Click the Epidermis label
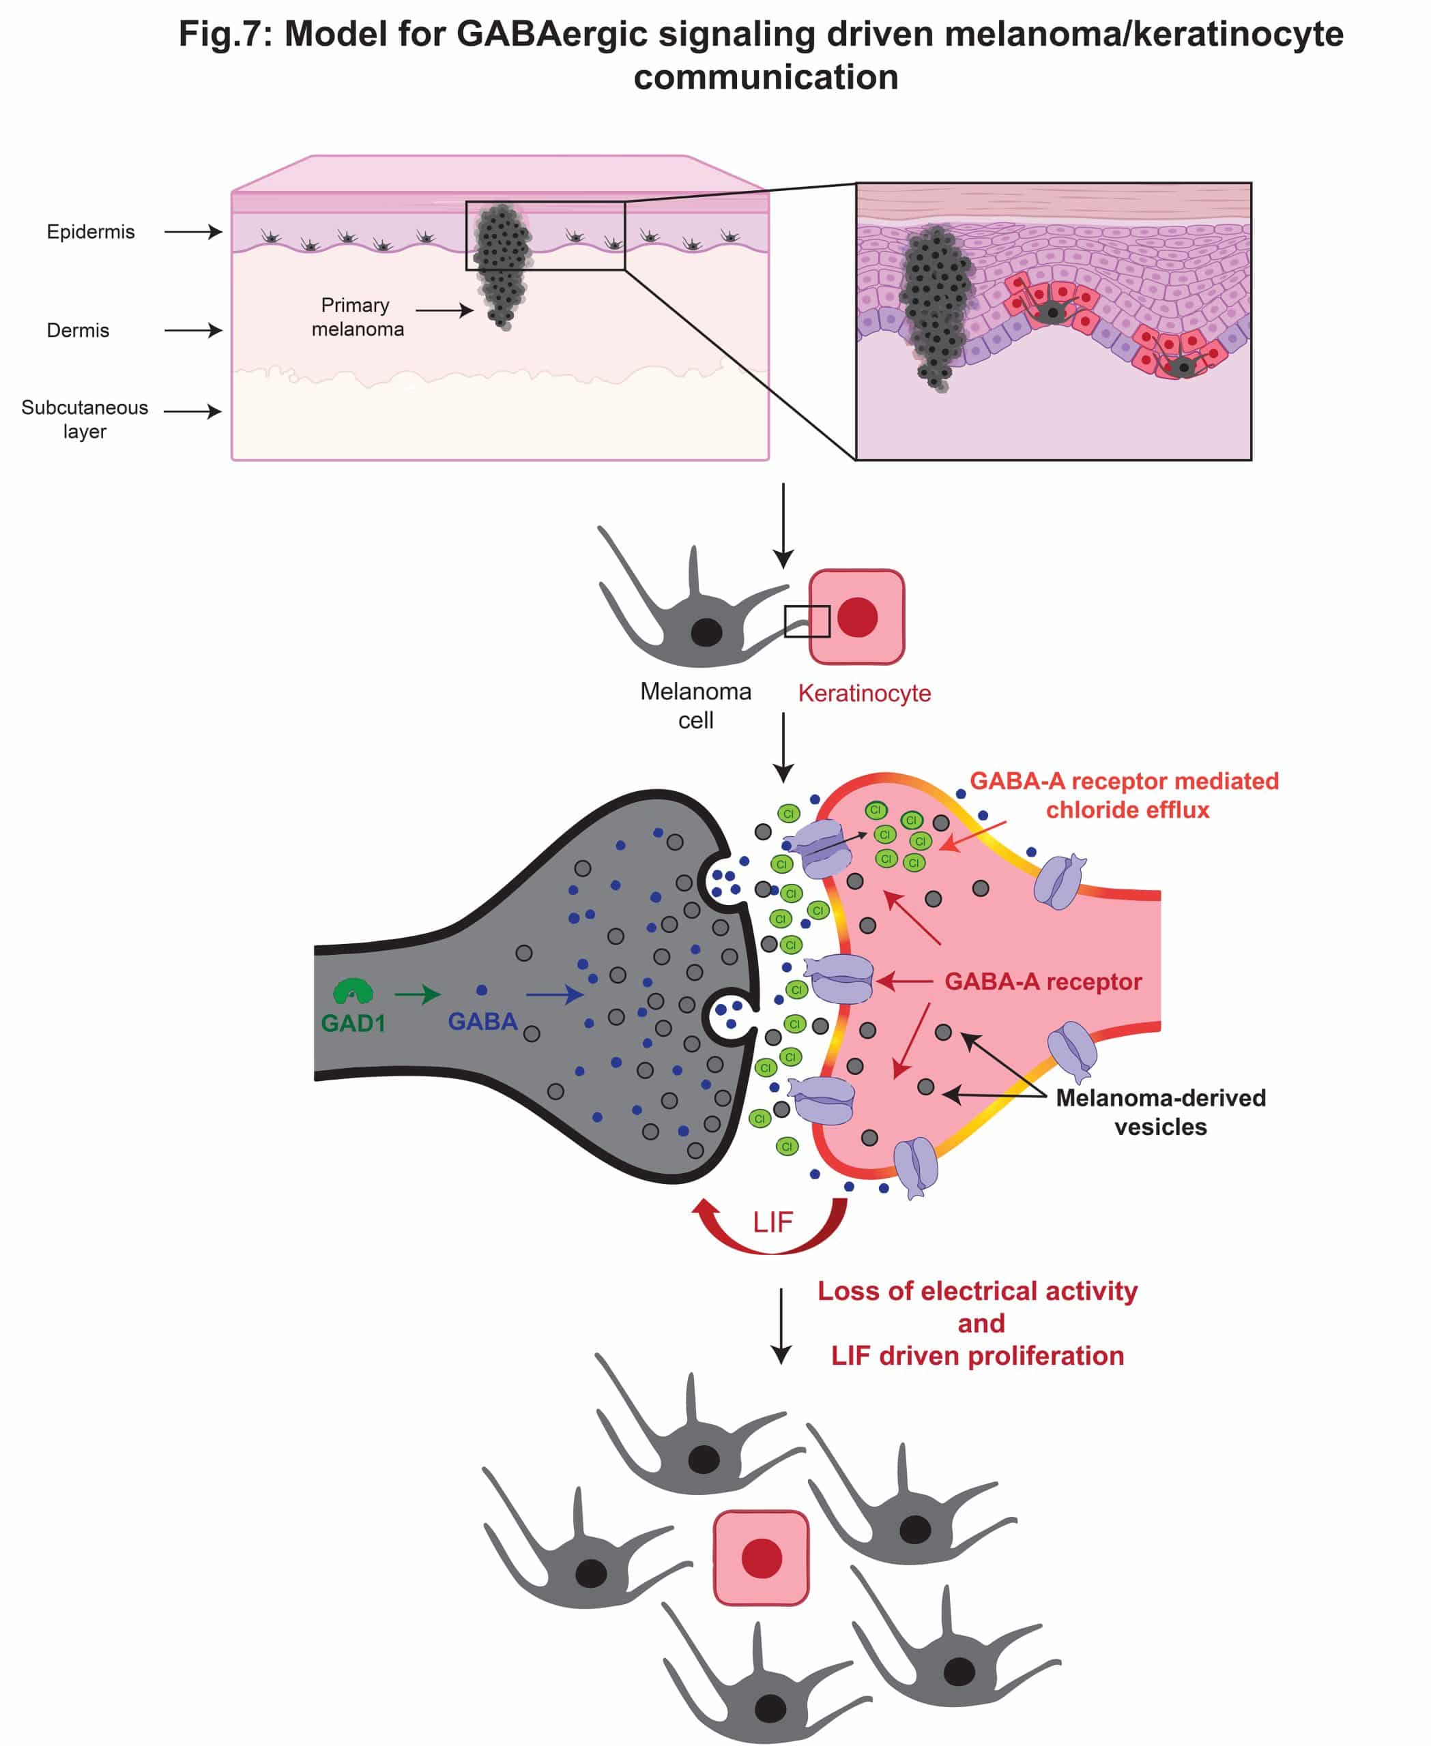point(91,231)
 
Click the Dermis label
point(78,330)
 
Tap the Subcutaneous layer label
point(85,419)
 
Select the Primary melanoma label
point(357,317)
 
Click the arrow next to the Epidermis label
point(193,231)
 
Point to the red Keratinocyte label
point(864,693)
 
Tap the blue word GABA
point(482,1022)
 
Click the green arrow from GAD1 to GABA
point(417,994)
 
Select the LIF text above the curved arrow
point(772,1222)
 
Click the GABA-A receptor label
point(1043,981)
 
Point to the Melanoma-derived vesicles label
point(1161,1112)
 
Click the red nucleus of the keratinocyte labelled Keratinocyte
point(857,617)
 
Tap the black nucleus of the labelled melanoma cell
point(706,632)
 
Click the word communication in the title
point(766,78)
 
